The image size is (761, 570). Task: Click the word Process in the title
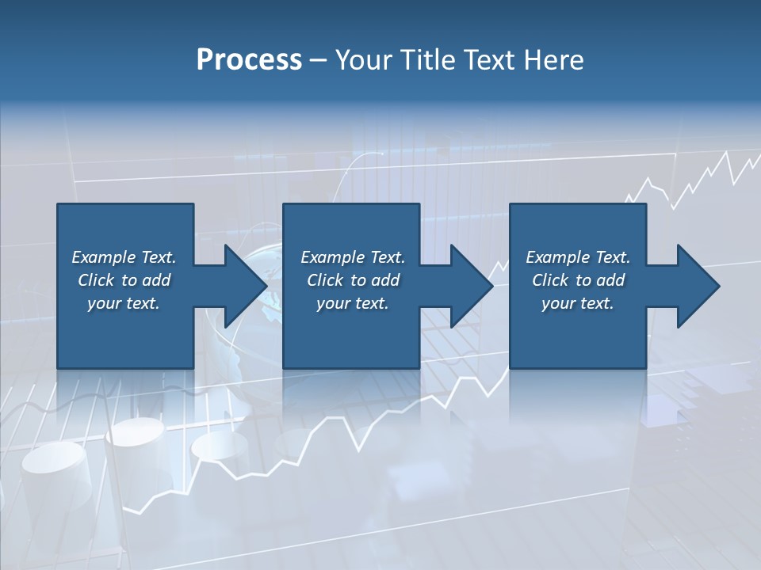tap(249, 60)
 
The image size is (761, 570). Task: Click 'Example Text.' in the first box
tap(124, 257)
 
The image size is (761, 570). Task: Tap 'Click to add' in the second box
tap(353, 280)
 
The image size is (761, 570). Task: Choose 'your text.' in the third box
tap(578, 303)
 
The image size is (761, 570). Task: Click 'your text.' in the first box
tap(124, 303)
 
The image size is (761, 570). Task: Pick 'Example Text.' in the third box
tap(578, 257)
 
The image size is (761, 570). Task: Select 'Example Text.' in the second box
tap(353, 257)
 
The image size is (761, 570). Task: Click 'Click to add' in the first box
tap(124, 280)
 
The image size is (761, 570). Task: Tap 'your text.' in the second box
tap(353, 303)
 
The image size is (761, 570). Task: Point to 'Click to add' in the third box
tap(578, 280)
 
